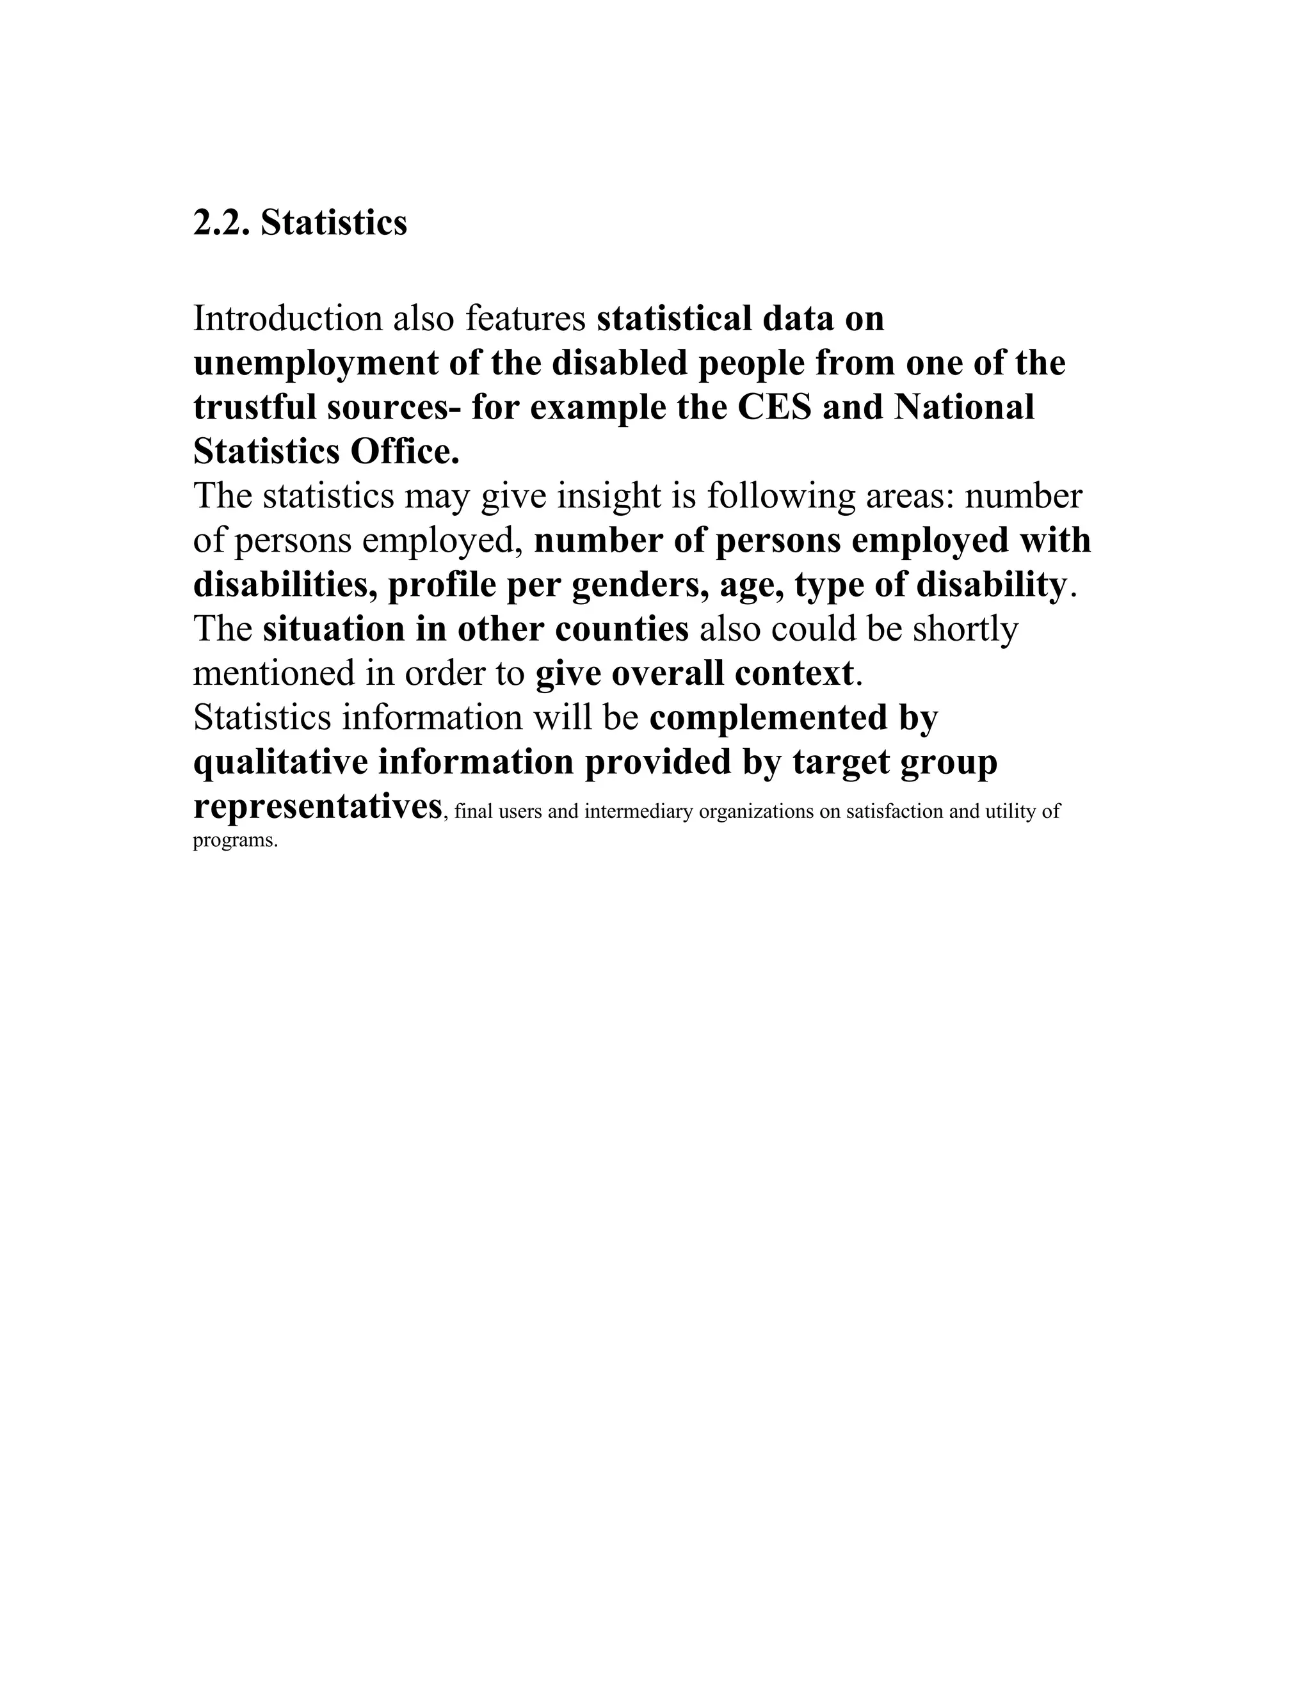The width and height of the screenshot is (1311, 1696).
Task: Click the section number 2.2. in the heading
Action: click(221, 223)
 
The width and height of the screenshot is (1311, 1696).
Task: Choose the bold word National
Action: click(964, 408)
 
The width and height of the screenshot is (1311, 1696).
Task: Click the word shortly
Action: click(965, 629)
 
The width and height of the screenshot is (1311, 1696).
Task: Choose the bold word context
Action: click(794, 673)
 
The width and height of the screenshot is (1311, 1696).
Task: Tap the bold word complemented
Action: click(768, 717)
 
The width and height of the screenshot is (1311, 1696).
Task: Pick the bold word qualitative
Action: click(280, 762)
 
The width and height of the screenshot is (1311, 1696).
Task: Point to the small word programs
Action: click(234, 840)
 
